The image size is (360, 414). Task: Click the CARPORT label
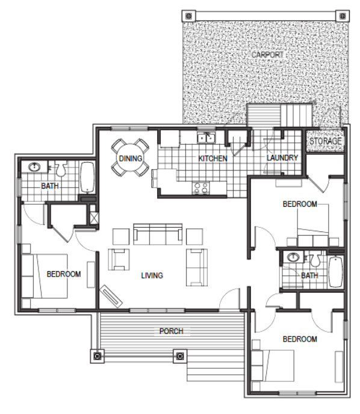pyautogui.click(x=267, y=55)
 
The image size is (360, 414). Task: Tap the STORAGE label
pyautogui.click(x=326, y=141)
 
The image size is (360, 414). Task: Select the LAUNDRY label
pyautogui.click(x=282, y=158)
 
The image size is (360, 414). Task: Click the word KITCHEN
pyautogui.click(x=213, y=158)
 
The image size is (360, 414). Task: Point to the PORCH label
pyautogui.click(x=171, y=331)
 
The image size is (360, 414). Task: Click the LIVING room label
pyautogui.click(x=152, y=275)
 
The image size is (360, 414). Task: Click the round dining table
pyautogui.click(x=130, y=158)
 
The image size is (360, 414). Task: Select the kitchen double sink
pyautogui.click(x=206, y=137)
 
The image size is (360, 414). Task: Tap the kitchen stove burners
pyautogui.click(x=201, y=188)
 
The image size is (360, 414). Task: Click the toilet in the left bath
pyautogui.click(x=61, y=169)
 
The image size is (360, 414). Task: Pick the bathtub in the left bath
pyautogui.click(x=87, y=177)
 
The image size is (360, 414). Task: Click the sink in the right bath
pyautogui.click(x=293, y=257)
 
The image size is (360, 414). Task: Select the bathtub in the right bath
pyautogui.click(x=336, y=271)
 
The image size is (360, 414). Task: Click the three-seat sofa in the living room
pyautogui.click(x=158, y=234)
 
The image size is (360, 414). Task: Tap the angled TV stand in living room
pyautogui.click(x=111, y=296)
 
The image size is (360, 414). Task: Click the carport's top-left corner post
pyautogui.click(x=188, y=16)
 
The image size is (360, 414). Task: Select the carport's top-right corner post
pyautogui.click(x=343, y=16)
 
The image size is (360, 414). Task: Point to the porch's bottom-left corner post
pyautogui.click(x=98, y=356)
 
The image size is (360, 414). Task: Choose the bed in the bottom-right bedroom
pyautogui.click(x=273, y=365)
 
